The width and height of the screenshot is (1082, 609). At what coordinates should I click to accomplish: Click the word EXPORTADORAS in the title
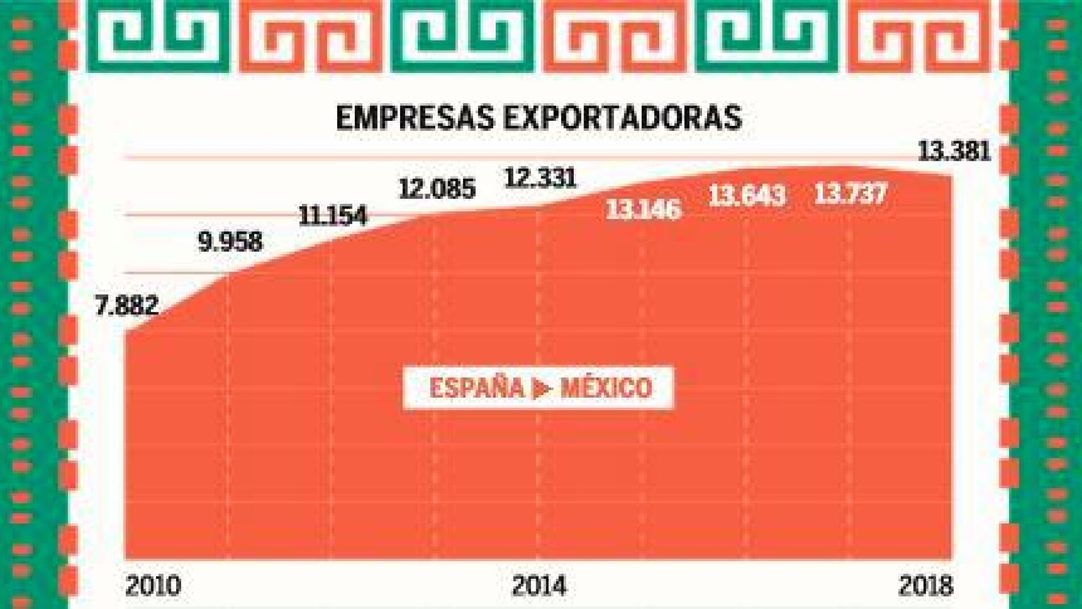tap(622, 118)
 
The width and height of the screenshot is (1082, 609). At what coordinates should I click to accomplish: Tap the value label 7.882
tap(126, 305)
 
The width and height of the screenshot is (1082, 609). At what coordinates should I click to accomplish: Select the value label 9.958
tap(230, 242)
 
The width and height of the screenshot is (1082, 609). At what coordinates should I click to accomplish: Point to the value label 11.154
tap(333, 216)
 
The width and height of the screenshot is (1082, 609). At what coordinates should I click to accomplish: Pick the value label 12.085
tap(437, 189)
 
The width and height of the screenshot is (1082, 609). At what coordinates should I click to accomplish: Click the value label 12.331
tap(541, 178)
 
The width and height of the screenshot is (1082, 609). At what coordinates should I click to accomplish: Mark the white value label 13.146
tap(643, 210)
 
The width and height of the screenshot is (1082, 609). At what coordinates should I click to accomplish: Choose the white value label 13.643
tap(746, 197)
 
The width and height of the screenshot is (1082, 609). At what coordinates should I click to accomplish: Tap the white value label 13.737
tap(851, 194)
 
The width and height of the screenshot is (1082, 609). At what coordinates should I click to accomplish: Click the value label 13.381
tap(954, 152)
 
